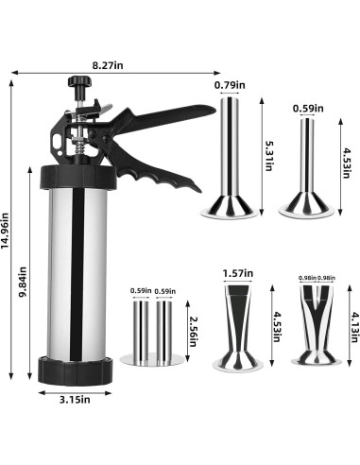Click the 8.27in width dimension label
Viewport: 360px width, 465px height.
coord(108,65)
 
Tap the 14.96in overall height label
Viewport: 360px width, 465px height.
coord(6,231)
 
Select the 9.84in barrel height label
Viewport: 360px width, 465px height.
coord(23,283)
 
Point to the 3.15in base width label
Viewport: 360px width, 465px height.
coord(75,400)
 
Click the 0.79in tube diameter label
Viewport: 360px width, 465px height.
coord(230,85)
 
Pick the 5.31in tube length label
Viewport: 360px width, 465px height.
coord(268,156)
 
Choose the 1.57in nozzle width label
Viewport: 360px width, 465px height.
coord(238,273)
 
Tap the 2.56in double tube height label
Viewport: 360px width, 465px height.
coord(193,331)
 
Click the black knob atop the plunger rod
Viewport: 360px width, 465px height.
coord(79,82)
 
